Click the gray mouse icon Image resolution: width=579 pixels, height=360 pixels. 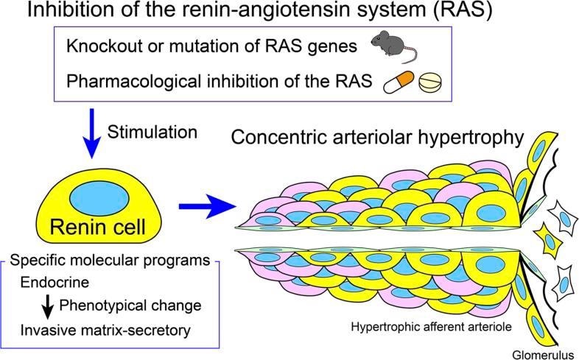pyautogui.click(x=393, y=46)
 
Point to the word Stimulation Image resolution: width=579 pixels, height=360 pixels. pyautogui.click(x=152, y=133)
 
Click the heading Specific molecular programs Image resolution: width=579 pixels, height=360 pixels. pyautogui.click(x=111, y=261)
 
